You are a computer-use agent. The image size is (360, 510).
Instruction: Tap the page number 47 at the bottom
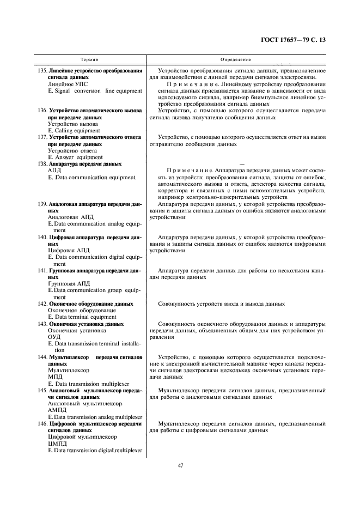click(x=180, y=465)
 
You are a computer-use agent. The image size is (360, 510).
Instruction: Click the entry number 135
click(x=42, y=71)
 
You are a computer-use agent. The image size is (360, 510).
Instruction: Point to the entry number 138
click(x=42, y=163)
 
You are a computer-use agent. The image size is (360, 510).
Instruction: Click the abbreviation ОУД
click(x=54, y=337)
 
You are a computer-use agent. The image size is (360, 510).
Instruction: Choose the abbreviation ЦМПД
click(x=57, y=444)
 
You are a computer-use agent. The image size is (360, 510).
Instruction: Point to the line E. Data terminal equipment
click(x=82, y=317)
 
